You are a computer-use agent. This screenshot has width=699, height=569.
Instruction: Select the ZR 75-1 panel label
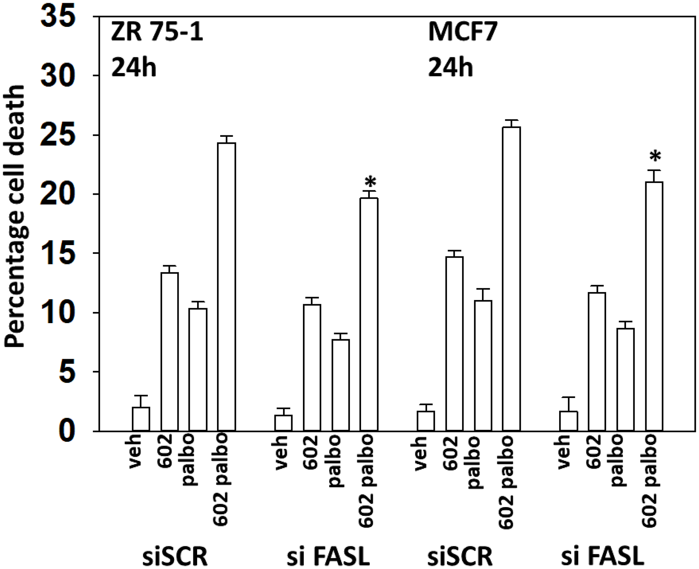coord(157,34)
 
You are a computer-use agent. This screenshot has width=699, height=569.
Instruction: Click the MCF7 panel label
coord(463,34)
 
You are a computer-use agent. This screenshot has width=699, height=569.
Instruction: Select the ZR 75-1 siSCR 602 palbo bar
coord(226,287)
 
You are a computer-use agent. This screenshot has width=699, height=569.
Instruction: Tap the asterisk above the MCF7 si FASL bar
coord(655,156)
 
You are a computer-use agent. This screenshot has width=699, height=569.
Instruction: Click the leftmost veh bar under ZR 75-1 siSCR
coord(141,419)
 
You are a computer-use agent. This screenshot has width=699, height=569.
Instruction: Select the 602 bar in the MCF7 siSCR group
coord(454,344)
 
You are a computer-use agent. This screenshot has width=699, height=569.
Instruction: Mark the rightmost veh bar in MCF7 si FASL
coord(569,421)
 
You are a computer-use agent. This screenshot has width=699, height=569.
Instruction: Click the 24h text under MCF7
coord(451,67)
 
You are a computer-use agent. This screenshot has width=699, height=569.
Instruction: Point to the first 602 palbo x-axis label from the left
coord(221,479)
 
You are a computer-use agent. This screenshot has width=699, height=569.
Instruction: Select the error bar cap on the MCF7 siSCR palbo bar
coord(483,289)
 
